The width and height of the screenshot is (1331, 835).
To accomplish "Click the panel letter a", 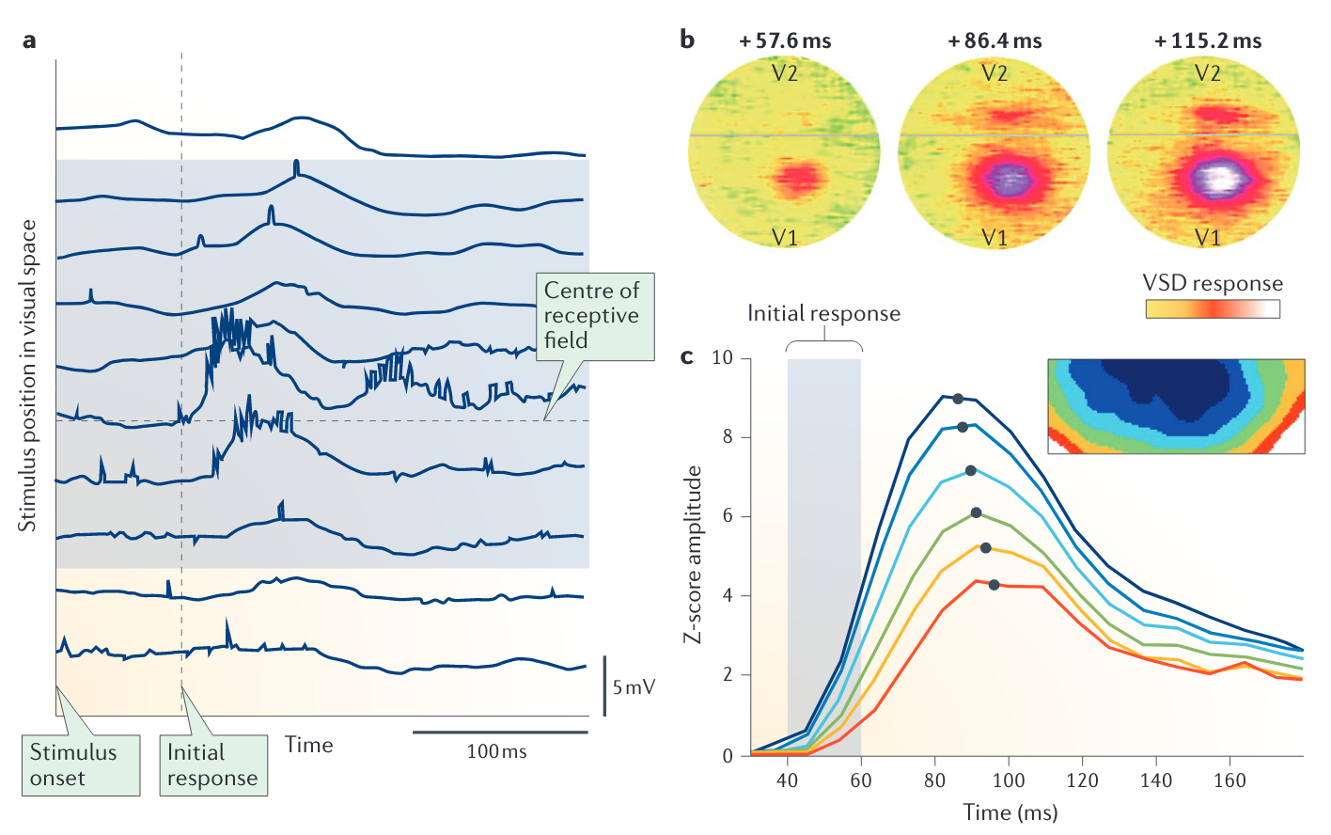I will pos(30,41).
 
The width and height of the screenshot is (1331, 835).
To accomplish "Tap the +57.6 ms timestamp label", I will pos(785,41).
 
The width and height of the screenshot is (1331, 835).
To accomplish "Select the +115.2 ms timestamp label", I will pos(1208,41).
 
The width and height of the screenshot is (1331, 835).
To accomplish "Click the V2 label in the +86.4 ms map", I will pos(994,73).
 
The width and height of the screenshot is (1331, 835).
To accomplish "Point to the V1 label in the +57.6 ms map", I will pos(785,238).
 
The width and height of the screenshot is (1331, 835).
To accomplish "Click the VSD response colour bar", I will pos(1213,308).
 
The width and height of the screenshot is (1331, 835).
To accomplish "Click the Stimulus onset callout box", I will pos(81,765).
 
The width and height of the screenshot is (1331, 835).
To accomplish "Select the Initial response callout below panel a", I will pos(212,765).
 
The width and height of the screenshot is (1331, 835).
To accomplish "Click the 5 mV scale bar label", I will pos(634,687).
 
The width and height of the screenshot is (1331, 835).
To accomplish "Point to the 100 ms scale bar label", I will pos(496,752).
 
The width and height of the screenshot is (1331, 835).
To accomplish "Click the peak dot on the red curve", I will pos(994,585).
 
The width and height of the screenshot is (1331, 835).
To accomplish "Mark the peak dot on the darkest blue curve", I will pos(958,399).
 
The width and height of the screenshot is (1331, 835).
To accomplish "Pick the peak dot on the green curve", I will pos(976,512).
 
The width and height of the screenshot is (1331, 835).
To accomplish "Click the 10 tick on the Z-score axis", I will pos(723,358).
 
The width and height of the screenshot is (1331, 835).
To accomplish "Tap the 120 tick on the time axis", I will pos(1082,780).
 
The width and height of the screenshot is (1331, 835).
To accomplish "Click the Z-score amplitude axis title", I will pos(693,555).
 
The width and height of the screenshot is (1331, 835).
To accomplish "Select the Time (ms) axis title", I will pos(1010,812).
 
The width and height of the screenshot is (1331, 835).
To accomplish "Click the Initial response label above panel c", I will pos(823,314).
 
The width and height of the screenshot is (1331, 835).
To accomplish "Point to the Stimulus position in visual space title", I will pos(28,376).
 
